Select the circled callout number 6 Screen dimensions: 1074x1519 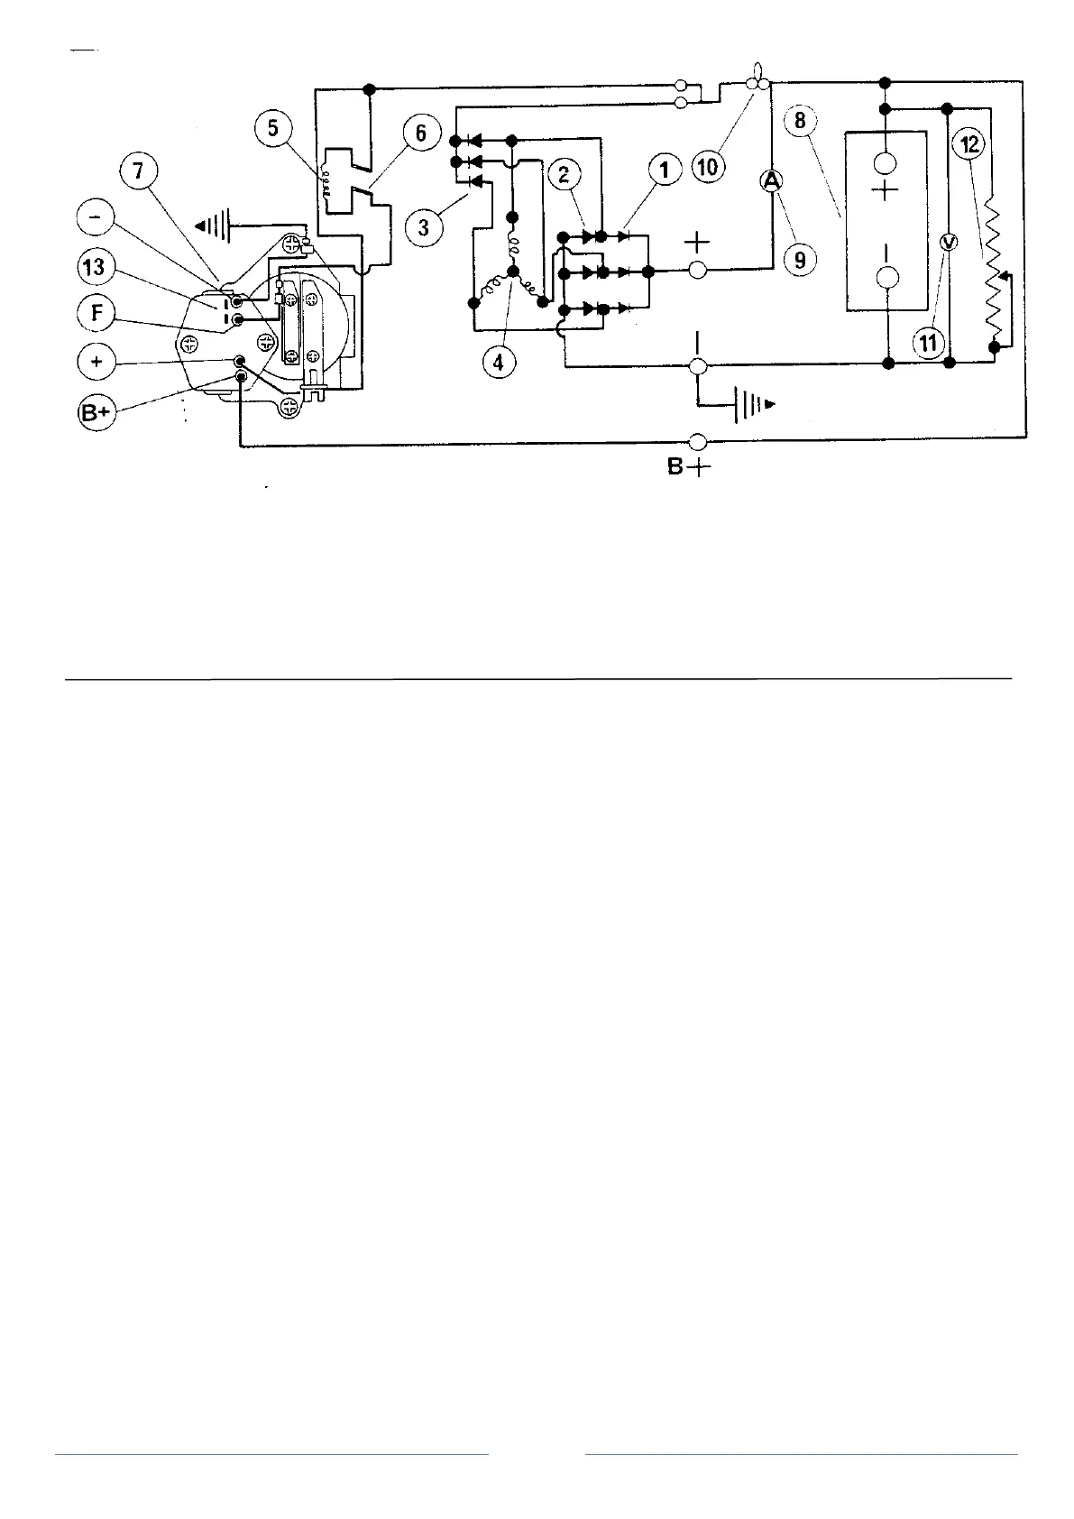(x=420, y=138)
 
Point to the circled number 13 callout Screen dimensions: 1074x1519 (x=95, y=267)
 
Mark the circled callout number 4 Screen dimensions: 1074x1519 (x=499, y=362)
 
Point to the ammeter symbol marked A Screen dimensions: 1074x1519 (x=771, y=181)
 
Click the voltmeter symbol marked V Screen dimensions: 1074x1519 (x=947, y=242)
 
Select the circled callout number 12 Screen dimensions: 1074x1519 (x=970, y=144)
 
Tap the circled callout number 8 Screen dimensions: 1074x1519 (x=800, y=120)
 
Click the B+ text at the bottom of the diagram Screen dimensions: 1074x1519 (x=689, y=469)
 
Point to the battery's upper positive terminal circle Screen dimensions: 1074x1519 (x=887, y=162)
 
